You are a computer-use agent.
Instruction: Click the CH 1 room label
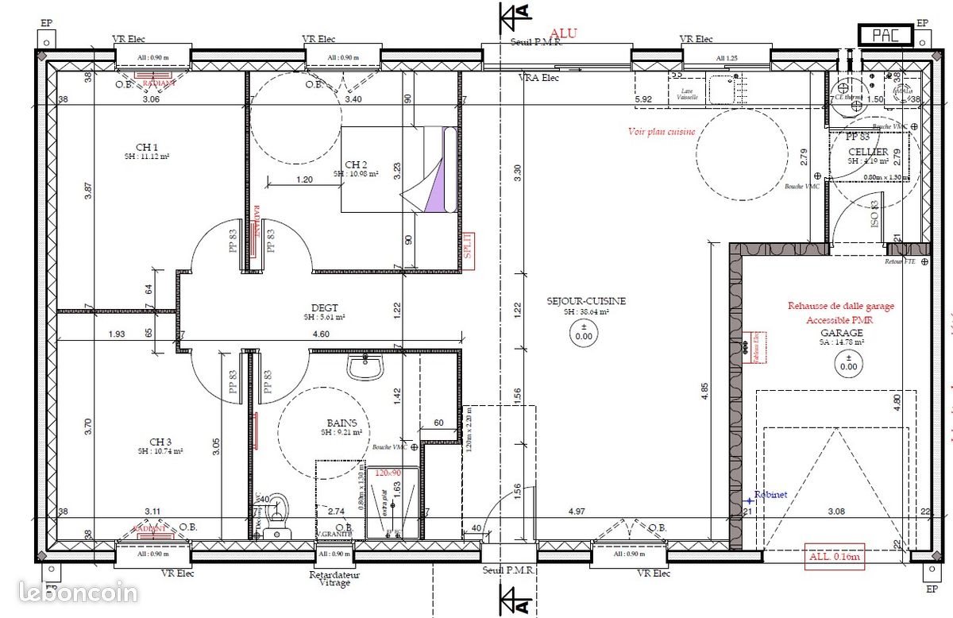tap(147, 146)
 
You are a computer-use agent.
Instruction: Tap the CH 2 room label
tap(355, 164)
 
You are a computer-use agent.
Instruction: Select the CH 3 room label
tap(160, 442)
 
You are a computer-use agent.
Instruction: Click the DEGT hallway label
tap(325, 308)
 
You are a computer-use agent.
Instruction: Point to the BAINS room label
tap(341, 424)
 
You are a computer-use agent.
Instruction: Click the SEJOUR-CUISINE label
tap(586, 301)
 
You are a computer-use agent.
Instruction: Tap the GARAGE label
tap(842, 333)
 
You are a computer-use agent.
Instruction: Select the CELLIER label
tap(868, 152)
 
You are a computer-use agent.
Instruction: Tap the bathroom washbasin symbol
tap(366, 368)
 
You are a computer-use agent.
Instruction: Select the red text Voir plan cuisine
tap(662, 132)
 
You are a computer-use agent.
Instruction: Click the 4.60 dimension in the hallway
tap(321, 334)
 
